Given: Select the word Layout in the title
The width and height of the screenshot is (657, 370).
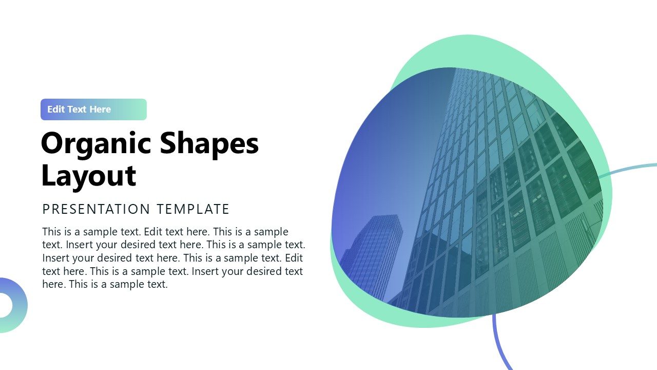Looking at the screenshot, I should [x=88, y=175].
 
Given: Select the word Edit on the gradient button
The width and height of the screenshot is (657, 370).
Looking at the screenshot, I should [x=56, y=109].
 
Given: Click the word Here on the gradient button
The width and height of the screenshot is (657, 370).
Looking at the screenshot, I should [x=100, y=109].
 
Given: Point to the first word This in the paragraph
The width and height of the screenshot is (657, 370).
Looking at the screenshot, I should [x=52, y=232].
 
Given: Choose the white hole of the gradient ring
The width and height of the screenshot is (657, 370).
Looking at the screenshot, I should [x=4, y=305].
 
